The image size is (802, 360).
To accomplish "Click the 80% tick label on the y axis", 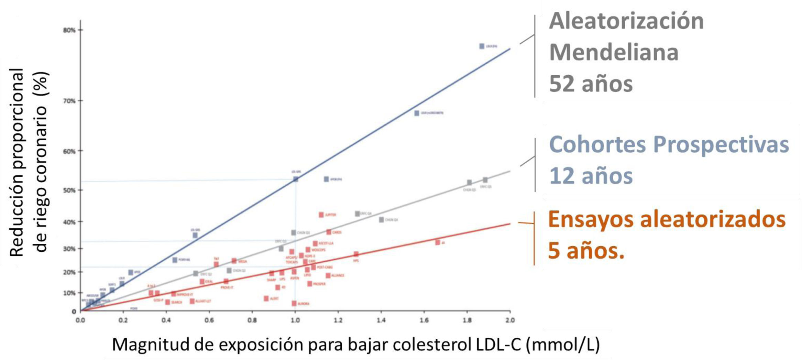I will pyautogui.click(x=69, y=30).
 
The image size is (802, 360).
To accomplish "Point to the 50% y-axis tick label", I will pyautogui.click(x=69, y=190).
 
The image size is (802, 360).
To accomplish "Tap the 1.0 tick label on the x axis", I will pyautogui.click(x=295, y=320).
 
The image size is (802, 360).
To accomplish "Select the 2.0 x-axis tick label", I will pyautogui.click(x=510, y=320).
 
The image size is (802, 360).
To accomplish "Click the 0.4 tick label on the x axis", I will pyautogui.click(x=166, y=320).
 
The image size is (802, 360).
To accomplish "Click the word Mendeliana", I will pyautogui.click(x=614, y=52).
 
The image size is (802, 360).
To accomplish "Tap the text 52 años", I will pyautogui.click(x=591, y=84).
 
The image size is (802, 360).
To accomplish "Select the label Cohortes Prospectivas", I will pyautogui.click(x=669, y=144).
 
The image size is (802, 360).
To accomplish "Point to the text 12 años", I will pyautogui.click(x=591, y=176).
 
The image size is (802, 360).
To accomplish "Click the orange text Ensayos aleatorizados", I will pyautogui.click(x=667, y=219).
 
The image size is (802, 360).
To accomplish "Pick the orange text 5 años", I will pyautogui.click(x=586, y=250).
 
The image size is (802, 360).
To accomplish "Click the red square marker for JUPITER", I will pyautogui.click(x=321, y=215).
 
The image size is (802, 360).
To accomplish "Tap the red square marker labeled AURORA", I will pyautogui.click(x=294, y=303).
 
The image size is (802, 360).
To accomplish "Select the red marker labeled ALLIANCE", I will pyautogui.click(x=328, y=275).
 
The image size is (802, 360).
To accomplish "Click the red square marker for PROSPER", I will pyautogui.click(x=309, y=284).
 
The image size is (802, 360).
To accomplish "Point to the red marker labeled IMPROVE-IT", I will pyautogui.click(x=173, y=294).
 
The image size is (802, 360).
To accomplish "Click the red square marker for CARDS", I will pyautogui.click(x=329, y=232).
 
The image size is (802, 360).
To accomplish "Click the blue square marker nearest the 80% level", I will pyautogui.click(x=482, y=46).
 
